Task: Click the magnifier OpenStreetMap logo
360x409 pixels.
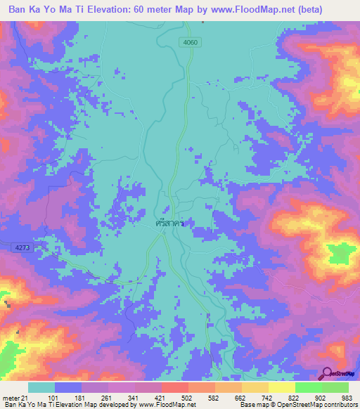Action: click(337, 374)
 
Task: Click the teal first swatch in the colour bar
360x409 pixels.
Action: click(41, 387)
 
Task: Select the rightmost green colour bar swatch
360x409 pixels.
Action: click(335, 387)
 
